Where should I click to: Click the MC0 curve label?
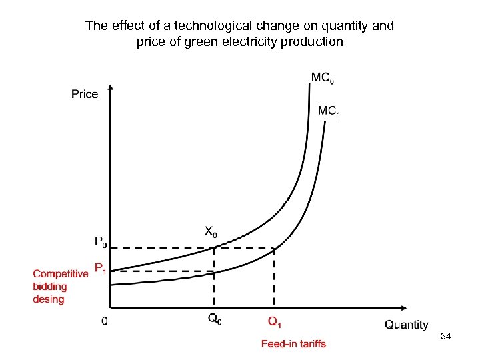(x=323, y=78)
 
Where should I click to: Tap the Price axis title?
(x=85, y=94)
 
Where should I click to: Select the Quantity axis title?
(x=406, y=325)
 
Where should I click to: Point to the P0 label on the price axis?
(x=101, y=241)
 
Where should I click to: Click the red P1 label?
(x=101, y=269)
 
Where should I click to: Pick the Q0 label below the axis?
(x=215, y=320)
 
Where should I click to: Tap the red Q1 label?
(x=275, y=322)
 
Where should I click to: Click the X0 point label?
(x=211, y=232)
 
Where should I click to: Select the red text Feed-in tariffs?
(x=293, y=344)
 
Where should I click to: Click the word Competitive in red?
(x=61, y=273)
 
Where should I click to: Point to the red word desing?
(x=49, y=299)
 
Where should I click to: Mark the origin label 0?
(x=105, y=321)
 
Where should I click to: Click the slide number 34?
(x=446, y=337)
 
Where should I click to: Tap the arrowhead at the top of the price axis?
(x=111, y=87)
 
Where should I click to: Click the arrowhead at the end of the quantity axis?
(x=404, y=309)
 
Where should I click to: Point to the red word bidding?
(x=50, y=287)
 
